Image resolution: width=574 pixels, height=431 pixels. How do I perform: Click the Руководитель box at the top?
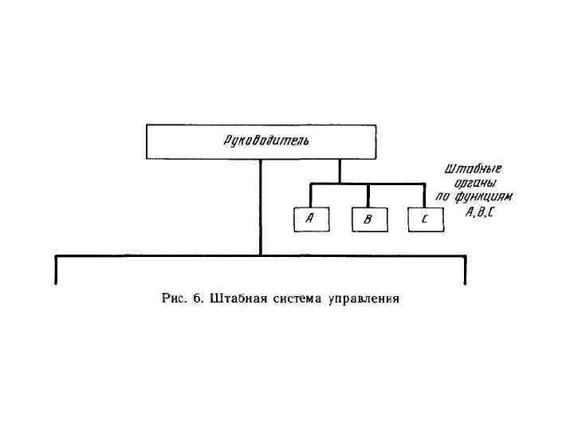tap(261, 141)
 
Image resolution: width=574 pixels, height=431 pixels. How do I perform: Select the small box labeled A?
tap(310, 219)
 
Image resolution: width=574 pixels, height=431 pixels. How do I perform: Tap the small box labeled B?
tap(368, 219)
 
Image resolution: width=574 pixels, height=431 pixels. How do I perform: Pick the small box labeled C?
tap(424, 219)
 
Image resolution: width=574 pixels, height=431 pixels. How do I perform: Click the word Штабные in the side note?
tap(473, 169)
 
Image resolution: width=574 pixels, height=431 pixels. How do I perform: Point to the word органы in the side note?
tap(474, 183)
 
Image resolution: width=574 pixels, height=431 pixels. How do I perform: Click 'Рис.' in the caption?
tap(174, 299)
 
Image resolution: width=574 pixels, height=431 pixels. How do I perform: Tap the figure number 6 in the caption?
tap(196, 299)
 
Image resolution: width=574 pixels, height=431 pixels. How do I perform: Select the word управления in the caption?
tap(363, 300)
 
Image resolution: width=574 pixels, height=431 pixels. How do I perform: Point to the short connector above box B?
tap(368, 196)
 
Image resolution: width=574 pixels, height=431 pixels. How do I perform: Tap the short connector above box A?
tap(310, 196)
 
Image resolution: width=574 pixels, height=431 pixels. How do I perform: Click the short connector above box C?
tap(424, 196)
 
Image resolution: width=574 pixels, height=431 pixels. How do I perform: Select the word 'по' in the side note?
tap(443, 197)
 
